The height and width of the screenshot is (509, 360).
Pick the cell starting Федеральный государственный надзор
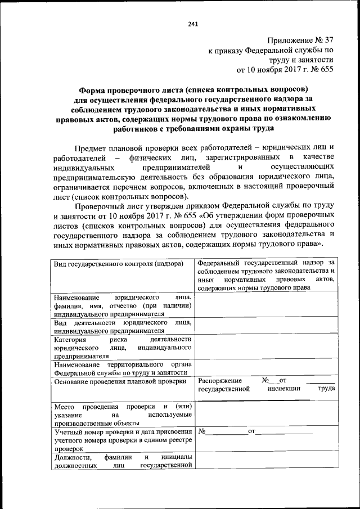266,274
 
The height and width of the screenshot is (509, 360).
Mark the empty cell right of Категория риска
266,348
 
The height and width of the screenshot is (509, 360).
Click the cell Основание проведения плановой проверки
120,381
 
